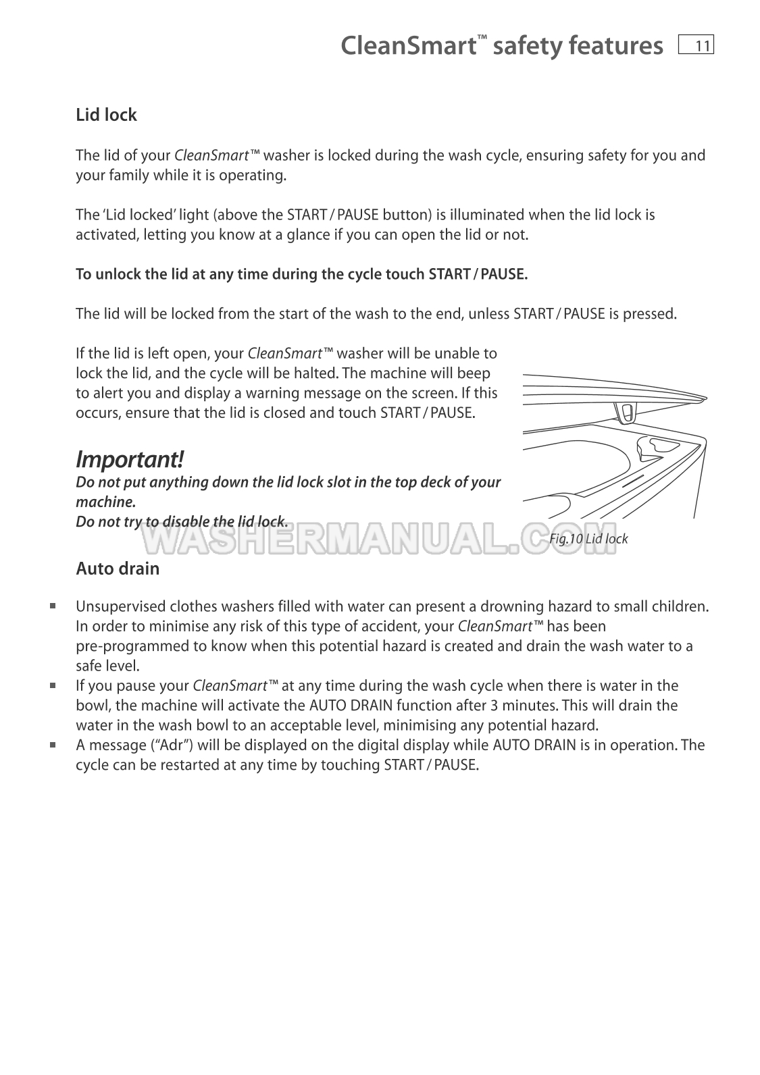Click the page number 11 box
tap(696, 45)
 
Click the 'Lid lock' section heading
tap(106, 115)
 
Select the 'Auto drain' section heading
tap(118, 569)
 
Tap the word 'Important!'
tap(129, 460)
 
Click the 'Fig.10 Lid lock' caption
tap(588, 538)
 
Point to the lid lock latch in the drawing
tap(626, 411)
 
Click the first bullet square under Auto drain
tap(52, 606)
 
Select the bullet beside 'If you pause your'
tap(52, 685)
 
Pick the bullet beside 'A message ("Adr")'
tap(52, 745)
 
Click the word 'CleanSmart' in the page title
tap(408, 46)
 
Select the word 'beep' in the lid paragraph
tap(474, 373)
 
